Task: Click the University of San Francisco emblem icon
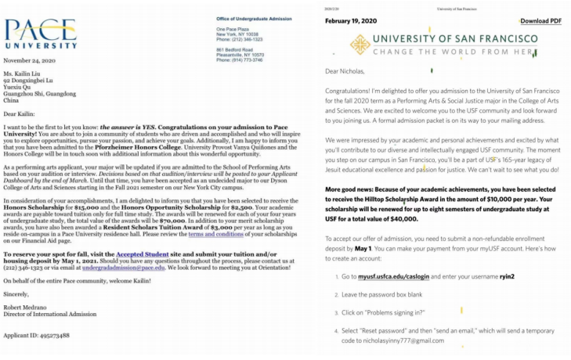(x=360, y=45)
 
